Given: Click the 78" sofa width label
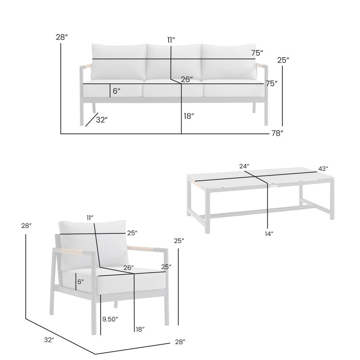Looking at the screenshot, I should (x=277, y=134).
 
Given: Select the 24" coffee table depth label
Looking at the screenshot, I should (x=244, y=166).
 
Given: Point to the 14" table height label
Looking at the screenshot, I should (x=268, y=233).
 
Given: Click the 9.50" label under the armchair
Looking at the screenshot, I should (x=110, y=319).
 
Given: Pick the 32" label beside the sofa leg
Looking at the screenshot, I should (x=102, y=120).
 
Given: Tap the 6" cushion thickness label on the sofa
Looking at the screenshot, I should (x=117, y=91).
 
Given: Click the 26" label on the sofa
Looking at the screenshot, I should (x=187, y=79).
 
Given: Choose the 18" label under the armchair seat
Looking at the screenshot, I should (x=140, y=329).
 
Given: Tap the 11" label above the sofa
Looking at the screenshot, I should (x=171, y=40).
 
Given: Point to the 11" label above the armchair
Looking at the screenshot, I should (x=90, y=218).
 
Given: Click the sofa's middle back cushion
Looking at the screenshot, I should (x=174, y=62).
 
